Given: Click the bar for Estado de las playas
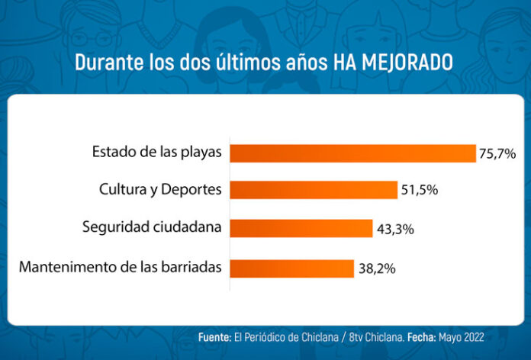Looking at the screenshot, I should [352, 153].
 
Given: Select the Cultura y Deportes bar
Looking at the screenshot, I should [314, 190].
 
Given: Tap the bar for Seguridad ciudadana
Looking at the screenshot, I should [301, 228].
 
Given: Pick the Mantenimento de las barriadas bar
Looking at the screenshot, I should [291, 268].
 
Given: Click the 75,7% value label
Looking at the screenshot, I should [497, 153].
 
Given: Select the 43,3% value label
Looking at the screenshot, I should [394, 228].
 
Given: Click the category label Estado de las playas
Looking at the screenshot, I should [156, 153].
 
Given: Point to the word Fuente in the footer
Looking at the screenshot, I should [215, 336].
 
